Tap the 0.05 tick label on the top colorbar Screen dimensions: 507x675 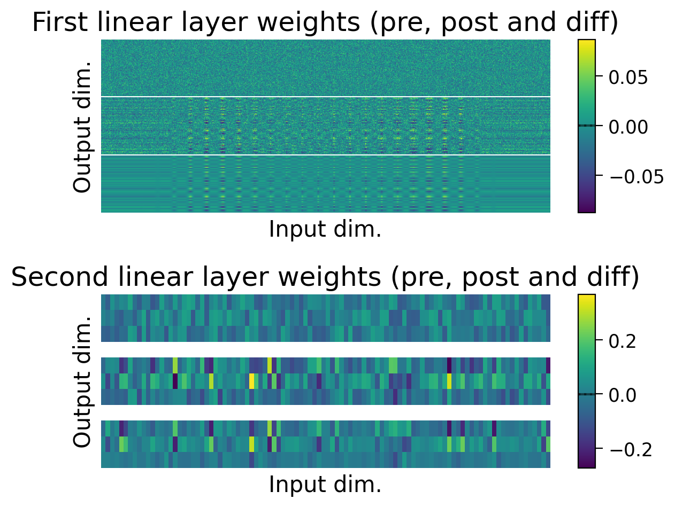(x=628, y=77)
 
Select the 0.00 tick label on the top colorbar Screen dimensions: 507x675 (x=628, y=127)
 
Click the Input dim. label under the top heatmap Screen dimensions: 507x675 (x=325, y=229)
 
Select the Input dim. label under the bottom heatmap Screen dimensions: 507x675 (x=325, y=485)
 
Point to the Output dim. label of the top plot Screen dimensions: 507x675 (x=82, y=127)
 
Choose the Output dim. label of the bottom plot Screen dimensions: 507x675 (x=82, y=381)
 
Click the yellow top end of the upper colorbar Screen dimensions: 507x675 (x=586, y=43)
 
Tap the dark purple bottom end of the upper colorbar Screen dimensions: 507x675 (x=586, y=209)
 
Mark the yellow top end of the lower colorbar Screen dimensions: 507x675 (x=586, y=298)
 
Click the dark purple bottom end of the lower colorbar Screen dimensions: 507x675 (x=586, y=465)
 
